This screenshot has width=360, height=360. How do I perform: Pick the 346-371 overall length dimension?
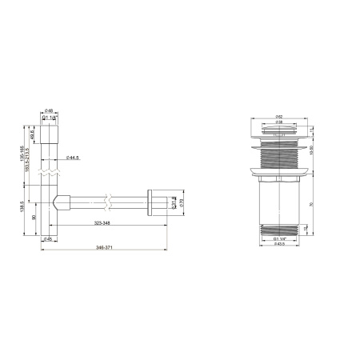103,249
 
